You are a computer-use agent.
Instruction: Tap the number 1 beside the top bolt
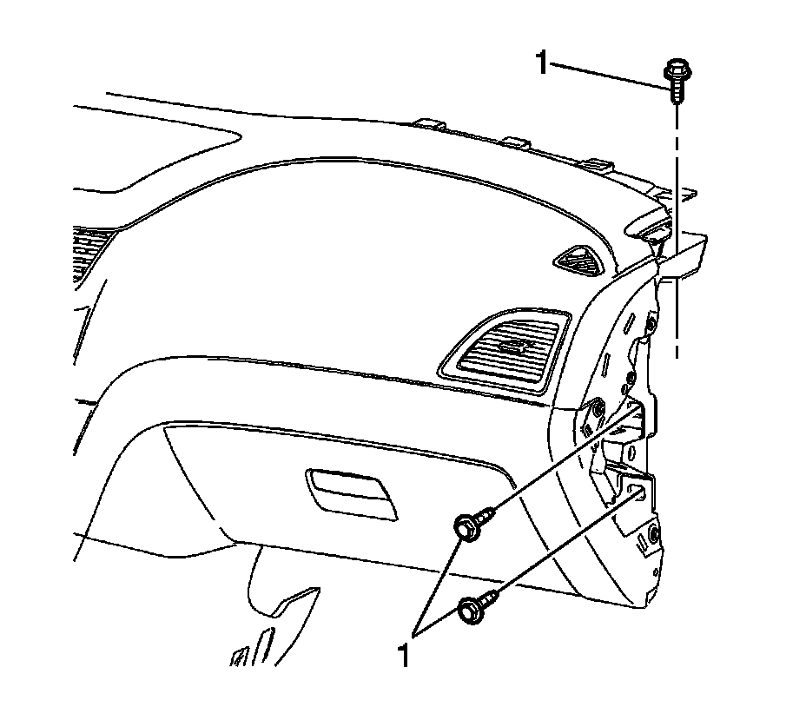tap(543, 63)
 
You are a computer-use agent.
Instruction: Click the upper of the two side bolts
tap(470, 525)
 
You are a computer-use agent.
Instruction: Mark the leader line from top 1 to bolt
tap(608, 73)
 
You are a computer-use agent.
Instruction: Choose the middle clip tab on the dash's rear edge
tap(516, 142)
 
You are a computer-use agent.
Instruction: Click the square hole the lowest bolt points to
tap(640, 492)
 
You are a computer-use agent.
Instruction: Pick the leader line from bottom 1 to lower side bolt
tap(443, 625)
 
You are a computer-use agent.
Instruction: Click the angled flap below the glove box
tap(291, 608)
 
